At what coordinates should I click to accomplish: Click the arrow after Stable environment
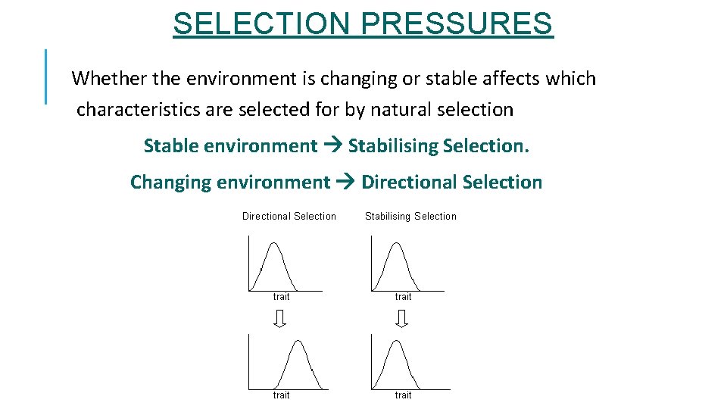tap(332, 145)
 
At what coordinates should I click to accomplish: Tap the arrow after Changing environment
tap(345, 182)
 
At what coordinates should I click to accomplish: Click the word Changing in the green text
tap(170, 182)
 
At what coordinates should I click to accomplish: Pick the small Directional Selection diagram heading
tap(289, 216)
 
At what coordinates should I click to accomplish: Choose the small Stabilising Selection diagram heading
tap(410, 216)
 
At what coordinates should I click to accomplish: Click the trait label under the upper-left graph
tap(281, 297)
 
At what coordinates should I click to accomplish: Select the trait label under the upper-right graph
tap(404, 297)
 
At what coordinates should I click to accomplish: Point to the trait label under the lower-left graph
tap(281, 395)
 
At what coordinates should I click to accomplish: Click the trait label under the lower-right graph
tap(404, 395)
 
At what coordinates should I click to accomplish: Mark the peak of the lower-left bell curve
tap(299, 342)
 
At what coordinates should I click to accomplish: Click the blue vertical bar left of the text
tap(46, 76)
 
